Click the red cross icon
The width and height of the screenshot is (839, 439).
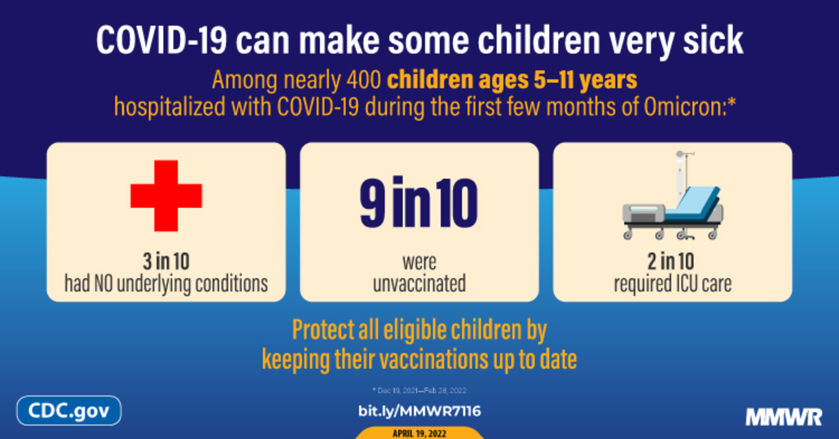(166, 196)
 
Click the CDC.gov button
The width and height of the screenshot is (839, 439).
(69, 410)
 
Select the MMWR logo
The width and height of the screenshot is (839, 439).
(784, 417)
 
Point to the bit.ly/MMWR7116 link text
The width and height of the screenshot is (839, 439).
(419, 411)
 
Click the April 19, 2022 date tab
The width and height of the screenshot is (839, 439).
(419, 433)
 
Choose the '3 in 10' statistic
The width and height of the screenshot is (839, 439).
(166, 261)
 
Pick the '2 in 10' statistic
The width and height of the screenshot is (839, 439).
(671, 261)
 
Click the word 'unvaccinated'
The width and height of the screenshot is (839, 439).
(419, 283)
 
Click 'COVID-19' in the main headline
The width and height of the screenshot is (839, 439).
(161, 40)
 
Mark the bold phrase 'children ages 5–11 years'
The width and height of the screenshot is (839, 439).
(512, 80)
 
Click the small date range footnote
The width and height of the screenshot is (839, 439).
(419, 391)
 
